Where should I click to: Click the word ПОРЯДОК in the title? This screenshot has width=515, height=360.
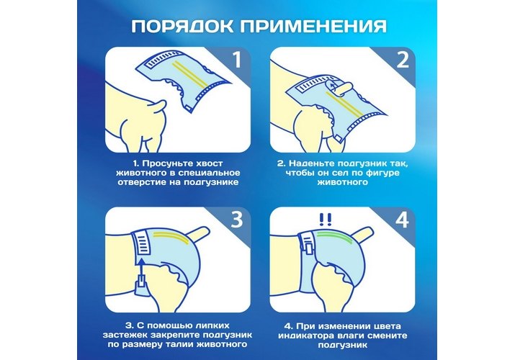[x=182, y=26]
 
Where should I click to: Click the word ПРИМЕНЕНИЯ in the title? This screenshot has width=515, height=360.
[x=313, y=26]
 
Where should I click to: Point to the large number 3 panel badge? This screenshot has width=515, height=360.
[x=237, y=219]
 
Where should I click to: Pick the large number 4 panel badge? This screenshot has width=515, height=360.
[x=402, y=219]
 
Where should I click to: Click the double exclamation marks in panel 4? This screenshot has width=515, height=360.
[x=325, y=219]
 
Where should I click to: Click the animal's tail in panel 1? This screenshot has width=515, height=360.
[x=158, y=107]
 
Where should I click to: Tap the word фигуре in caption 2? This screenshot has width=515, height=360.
[x=380, y=173]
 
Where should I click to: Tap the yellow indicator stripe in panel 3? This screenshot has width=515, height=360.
[x=171, y=237]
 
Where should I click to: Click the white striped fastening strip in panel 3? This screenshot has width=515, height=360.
[x=142, y=243]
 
